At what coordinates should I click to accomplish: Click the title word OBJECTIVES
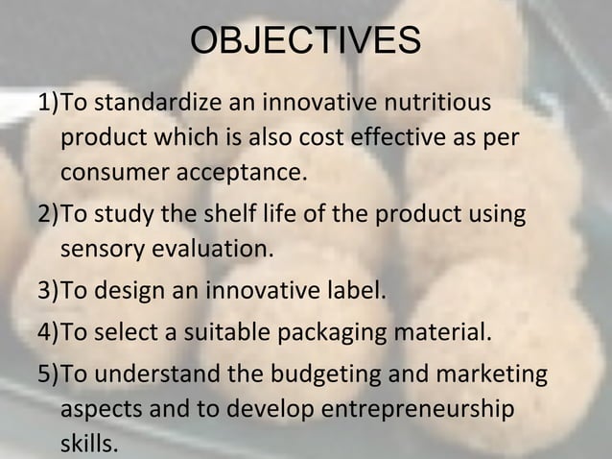click(306, 41)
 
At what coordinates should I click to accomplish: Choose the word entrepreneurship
click(416, 409)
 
